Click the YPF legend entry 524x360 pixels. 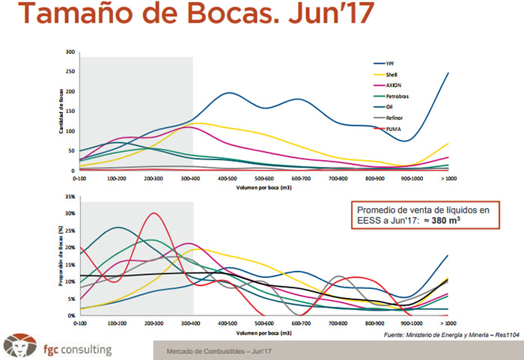coord(389,64)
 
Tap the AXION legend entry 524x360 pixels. coord(392,86)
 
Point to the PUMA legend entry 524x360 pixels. coord(391,129)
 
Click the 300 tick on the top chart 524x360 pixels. coord(70,52)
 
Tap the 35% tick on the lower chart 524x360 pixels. coord(69,196)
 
